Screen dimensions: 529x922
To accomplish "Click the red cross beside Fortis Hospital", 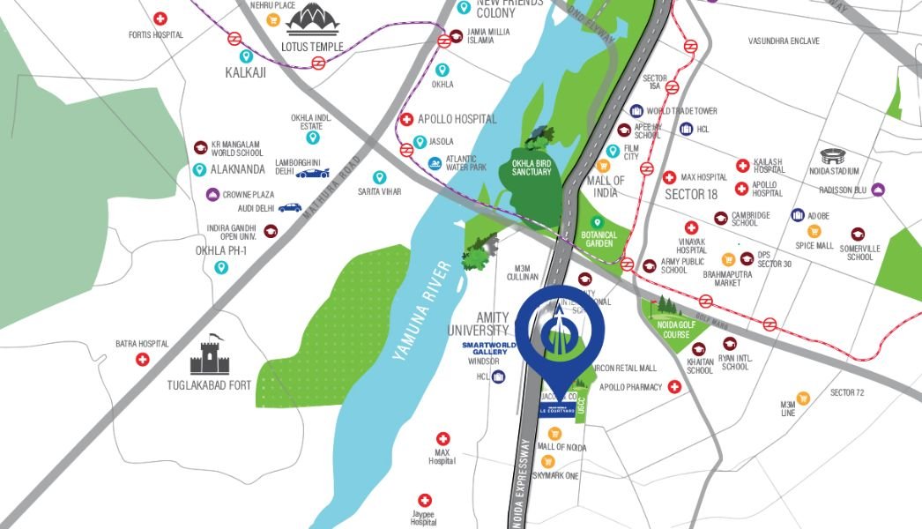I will (160, 18).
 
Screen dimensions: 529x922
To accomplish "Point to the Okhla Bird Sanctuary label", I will (532, 167).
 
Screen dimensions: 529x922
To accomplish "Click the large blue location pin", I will (560, 331).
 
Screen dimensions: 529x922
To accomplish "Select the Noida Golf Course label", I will (677, 328).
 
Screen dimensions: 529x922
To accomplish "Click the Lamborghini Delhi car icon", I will (313, 173).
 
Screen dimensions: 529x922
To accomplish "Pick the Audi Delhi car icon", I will (289, 208).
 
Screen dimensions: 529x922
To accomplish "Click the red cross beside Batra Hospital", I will (142, 360).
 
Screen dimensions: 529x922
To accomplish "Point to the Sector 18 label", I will (691, 194).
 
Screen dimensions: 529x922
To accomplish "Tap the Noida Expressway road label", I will (525, 481).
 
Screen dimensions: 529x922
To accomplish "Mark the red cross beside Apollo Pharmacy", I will (675, 386).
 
